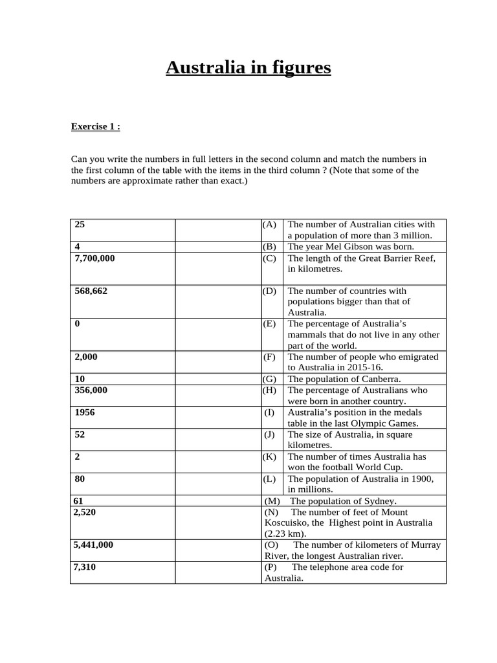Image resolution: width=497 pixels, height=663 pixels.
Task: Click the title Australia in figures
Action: (248, 67)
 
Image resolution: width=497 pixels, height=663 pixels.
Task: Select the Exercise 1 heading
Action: (95, 127)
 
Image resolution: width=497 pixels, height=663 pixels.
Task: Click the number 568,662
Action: (91, 291)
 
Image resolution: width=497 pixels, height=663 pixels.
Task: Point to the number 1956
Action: (85, 412)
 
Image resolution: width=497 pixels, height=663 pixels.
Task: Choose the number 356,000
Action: (91, 390)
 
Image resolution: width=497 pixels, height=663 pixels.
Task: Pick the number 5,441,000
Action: (94, 545)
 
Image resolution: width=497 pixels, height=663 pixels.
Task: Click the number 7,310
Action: (85, 567)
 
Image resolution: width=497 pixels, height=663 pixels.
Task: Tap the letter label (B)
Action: (270, 247)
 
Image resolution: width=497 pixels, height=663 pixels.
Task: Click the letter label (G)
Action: (270, 379)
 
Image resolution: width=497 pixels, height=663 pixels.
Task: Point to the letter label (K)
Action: (270, 456)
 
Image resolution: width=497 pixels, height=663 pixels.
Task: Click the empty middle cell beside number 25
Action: (218, 230)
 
